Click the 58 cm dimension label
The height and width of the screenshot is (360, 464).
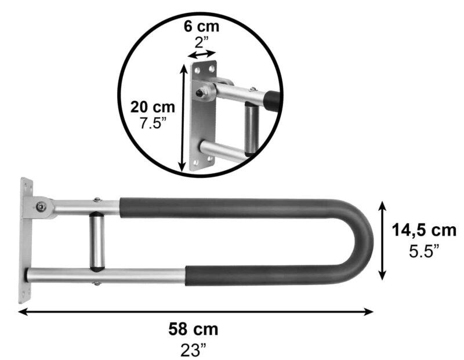[x=193, y=330]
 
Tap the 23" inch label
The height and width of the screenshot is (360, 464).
[x=193, y=350]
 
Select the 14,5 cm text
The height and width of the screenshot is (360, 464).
[x=423, y=231]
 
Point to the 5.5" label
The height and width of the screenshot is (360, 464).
[x=423, y=251]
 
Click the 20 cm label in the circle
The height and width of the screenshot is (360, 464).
[x=153, y=107]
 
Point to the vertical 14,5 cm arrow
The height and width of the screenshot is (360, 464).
[x=383, y=240]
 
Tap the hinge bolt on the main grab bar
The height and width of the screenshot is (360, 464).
[x=41, y=207]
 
